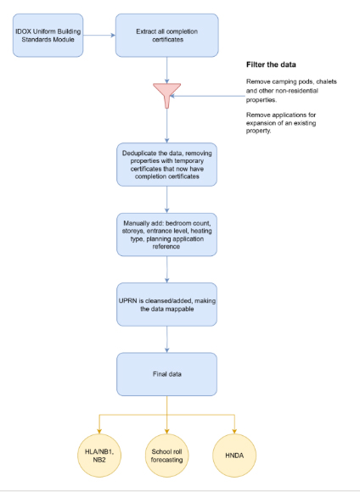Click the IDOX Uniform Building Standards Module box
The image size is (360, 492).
click(48, 35)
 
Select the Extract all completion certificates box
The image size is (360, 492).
click(166, 35)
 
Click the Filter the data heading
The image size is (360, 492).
click(271, 64)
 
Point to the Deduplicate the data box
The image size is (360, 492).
click(166, 165)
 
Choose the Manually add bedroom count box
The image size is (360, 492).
click(166, 235)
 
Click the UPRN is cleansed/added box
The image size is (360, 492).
click(166, 305)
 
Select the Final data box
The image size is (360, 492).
click(166, 374)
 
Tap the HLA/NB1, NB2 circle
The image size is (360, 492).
click(99, 456)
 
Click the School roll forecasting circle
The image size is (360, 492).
click(166, 456)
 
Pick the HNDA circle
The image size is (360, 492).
click(234, 456)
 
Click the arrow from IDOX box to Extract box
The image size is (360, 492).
click(99, 35)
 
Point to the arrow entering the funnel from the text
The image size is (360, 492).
click(207, 96)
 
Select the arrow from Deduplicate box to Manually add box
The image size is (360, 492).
click(166, 199)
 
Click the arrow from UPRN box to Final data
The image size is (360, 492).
click(166, 339)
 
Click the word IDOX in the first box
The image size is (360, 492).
click(23, 31)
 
